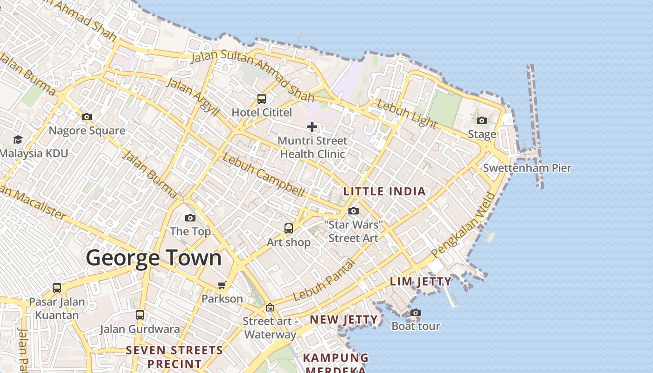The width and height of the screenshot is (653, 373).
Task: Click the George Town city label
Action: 153,258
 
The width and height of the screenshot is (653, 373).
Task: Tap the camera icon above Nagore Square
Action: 86,117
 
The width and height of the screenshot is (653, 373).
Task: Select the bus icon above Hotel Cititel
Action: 262,99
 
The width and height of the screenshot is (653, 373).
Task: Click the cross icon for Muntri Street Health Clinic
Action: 312,126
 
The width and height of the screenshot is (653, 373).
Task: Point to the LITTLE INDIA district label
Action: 384,191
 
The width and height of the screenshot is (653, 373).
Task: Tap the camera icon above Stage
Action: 482,120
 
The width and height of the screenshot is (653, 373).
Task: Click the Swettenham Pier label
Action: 527,168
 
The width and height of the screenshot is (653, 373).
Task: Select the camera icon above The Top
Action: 190,218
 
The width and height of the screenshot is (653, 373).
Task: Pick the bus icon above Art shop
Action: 289,228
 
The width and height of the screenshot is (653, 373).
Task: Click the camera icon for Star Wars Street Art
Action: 354,211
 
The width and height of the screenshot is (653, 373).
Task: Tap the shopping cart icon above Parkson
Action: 222,285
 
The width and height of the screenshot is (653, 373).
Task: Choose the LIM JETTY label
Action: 421,282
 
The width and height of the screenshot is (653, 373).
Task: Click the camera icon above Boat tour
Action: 415,312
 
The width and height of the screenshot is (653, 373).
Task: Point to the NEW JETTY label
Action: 344,320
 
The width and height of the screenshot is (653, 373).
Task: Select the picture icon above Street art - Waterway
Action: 270,308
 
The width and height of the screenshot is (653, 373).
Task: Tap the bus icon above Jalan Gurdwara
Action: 139,315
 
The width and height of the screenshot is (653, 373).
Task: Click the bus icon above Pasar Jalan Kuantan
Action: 57,288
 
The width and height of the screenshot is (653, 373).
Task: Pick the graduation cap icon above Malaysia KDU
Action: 18,139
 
